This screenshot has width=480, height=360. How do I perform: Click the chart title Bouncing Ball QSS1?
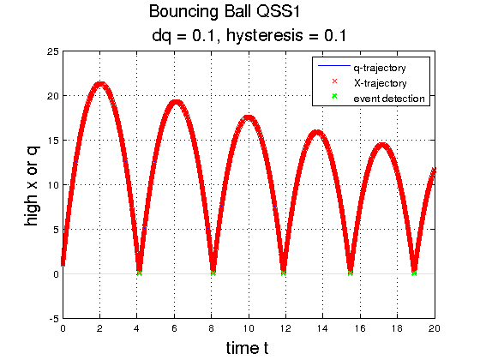pyautogui.click(x=225, y=12)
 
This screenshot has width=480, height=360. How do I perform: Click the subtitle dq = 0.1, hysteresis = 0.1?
pyautogui.click(x=249, y=35)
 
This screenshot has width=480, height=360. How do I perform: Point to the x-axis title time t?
pyautogui.click(x=248, y=348)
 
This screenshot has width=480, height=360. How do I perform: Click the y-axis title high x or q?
pyautogui.click(x=33, y=186)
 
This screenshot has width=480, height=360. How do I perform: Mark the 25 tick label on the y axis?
pyautogui.click(x=52, y=51)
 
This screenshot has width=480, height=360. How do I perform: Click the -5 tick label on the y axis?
pyautogui.click(x=54, y=319)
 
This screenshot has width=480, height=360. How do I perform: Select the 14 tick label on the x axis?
pyautogui.click(x=322, y=328)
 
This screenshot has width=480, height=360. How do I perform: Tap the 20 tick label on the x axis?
pyautogui.click(x=434, y=328)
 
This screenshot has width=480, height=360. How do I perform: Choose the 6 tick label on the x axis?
pyautogui.click(x=174, y=328)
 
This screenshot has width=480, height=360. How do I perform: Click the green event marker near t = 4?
pyautogui.click(x=139, y=273)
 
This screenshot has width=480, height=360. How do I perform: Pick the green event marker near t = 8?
pyautogui.click(x=213, y=273)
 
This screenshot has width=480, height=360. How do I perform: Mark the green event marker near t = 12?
pyautogui.click(x=284, y=273)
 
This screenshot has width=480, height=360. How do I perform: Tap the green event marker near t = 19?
pyautogui.click(x=414, y=273)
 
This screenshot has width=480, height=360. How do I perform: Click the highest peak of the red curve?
pyautogui.click(x=100, y=85)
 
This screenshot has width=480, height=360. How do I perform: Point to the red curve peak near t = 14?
pyautogui.click(x=317, y=133)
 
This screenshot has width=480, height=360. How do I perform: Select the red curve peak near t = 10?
pyautogui.click(x=249, y=118)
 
